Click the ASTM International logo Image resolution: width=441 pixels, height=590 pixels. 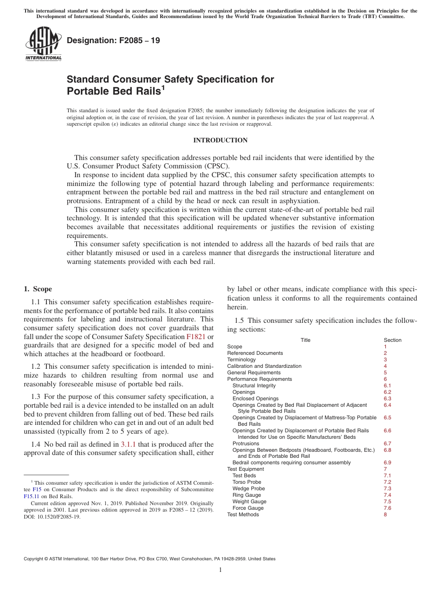(x=43, y=45)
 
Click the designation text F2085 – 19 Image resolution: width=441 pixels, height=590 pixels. (x=113, y=41)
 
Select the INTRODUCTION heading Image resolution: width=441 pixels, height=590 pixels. (x=220, y=140)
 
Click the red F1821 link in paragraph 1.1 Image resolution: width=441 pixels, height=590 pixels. (x=195, y=337)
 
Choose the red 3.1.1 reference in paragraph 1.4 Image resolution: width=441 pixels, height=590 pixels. (x=128, y=444)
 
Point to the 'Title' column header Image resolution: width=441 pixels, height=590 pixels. (x=305, y=340)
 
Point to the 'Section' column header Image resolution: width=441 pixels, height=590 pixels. (x=392, y=340)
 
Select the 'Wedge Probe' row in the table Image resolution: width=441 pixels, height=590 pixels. (x=248, y=488)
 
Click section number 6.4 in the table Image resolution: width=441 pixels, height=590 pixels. (x=387, y=405)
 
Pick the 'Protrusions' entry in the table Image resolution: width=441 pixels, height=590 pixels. (x=246, y=443)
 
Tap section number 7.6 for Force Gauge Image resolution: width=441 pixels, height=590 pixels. (x=387, y=508)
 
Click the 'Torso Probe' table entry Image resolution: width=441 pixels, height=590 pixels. (x=247, y=482)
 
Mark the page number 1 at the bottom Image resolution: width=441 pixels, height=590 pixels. (x=220, y=570)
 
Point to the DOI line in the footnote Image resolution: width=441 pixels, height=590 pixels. (x=52, y=517)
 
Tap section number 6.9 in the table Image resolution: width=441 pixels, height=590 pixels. (x=387, y=462)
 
